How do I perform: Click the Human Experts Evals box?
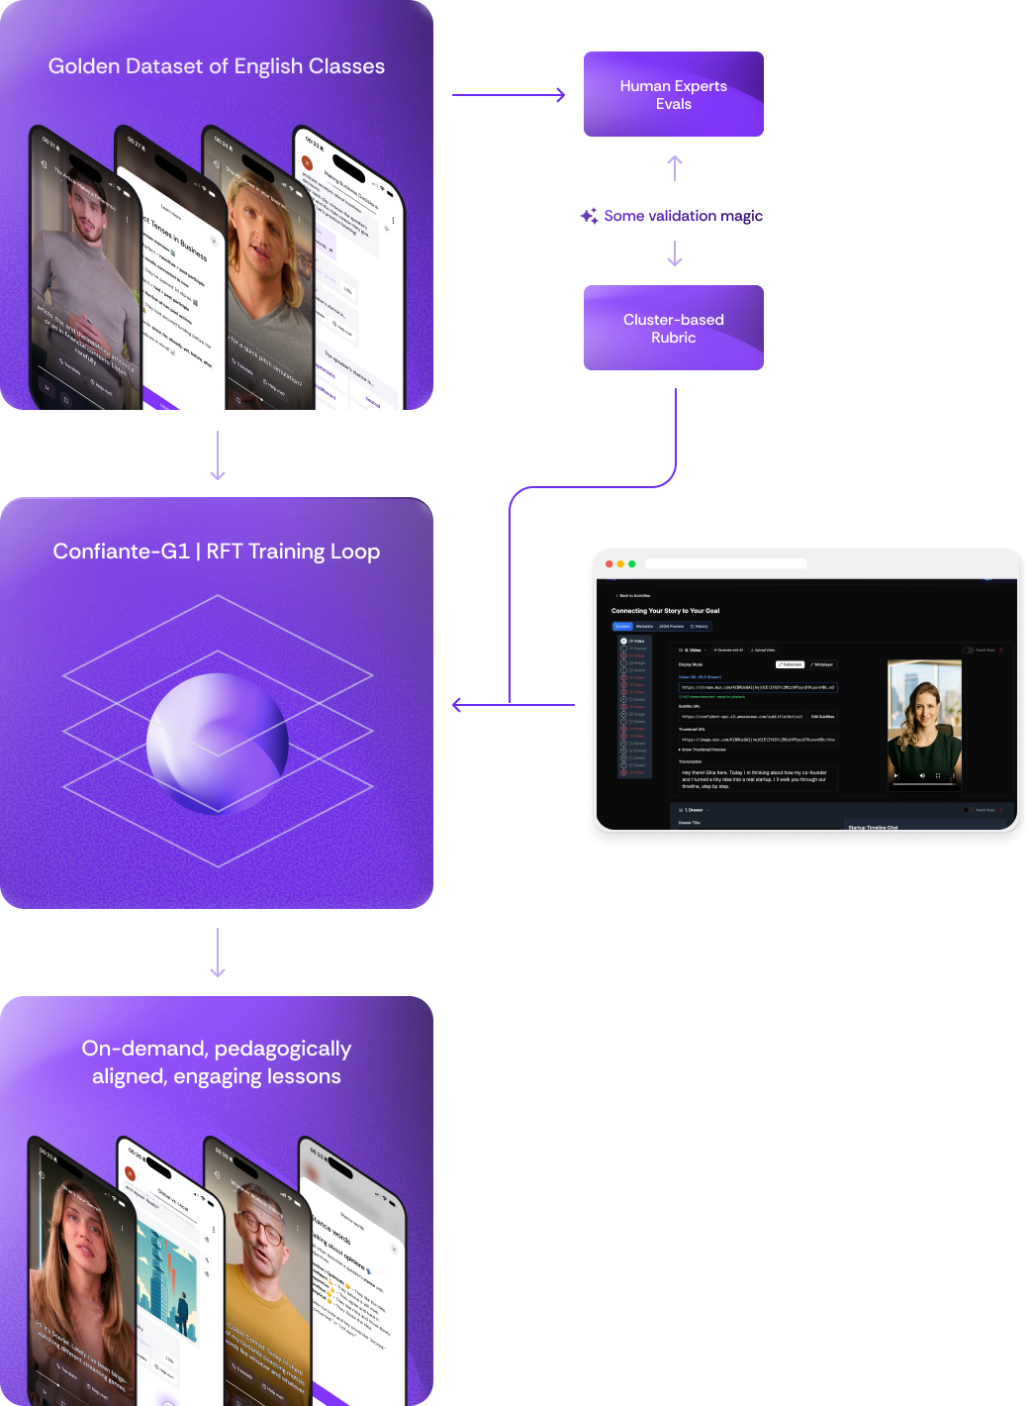[673, 94]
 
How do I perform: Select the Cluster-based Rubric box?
[673, 328]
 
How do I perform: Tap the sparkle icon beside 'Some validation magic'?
[589, 216]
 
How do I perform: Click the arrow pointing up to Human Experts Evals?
[675, 167]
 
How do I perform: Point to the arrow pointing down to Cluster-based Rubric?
[675, 255]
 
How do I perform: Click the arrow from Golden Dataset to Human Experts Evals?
[509, 95]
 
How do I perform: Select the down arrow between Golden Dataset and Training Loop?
[218, 455]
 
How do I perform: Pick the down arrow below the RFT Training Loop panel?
[218, 953]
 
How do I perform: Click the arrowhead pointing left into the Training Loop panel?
[458, 705]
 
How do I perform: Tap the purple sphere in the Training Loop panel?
[218, 743]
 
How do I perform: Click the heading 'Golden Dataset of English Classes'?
[217, 66]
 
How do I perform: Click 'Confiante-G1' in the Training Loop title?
[121, 552]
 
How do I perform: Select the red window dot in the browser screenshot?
[610, 563]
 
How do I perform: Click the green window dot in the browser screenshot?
[632, 563]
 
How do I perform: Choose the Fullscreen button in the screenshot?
[790, 664]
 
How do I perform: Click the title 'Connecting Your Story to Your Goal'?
[665, 611]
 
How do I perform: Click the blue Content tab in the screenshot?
[622, 627]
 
